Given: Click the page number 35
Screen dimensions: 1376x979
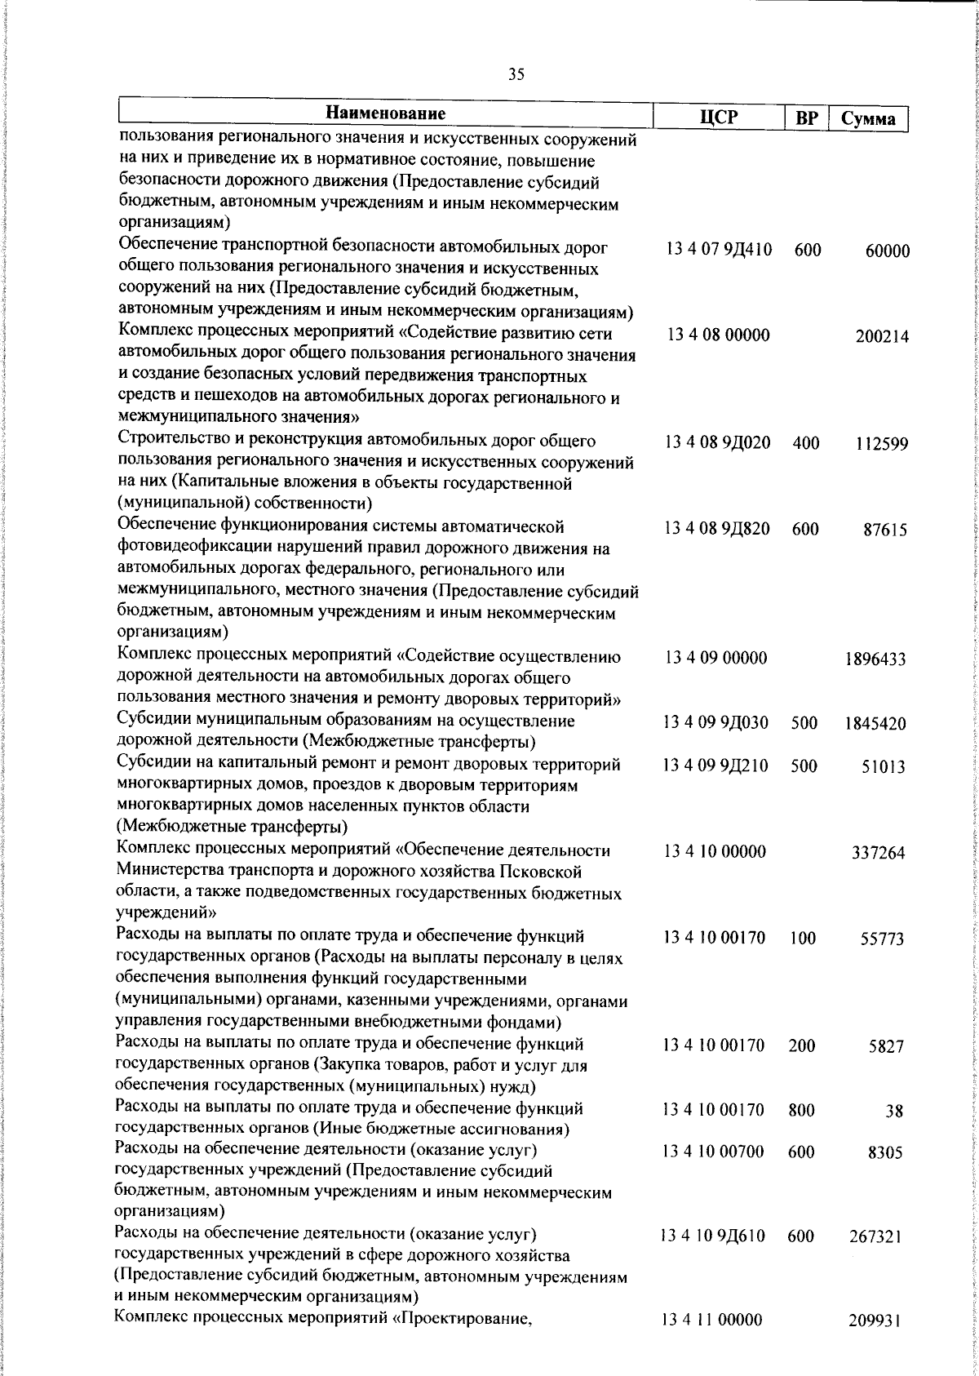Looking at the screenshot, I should coord(516,75).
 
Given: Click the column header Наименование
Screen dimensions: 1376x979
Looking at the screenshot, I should coord(386,113).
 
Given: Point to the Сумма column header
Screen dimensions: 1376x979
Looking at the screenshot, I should coord(868,119).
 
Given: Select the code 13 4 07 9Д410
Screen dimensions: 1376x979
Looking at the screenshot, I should coord(718,249).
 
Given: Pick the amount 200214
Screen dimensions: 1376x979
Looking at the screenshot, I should coord(882,337).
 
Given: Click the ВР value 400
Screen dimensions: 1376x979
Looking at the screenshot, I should coord(805,443).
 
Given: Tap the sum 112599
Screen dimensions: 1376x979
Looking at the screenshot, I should coord(882,445).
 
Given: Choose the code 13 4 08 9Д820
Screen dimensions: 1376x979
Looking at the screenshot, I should coord(717,529).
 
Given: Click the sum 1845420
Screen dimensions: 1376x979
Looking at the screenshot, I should coord(875,724).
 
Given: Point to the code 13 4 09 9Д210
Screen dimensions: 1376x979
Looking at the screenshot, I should coord(715,766).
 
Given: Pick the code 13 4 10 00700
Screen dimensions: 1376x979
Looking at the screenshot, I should coord(713,1152).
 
